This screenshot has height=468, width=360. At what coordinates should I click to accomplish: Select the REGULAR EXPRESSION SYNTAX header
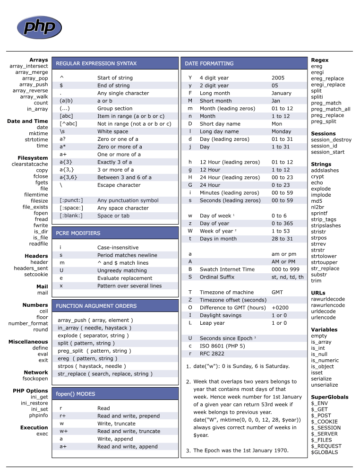(x=96, y=63)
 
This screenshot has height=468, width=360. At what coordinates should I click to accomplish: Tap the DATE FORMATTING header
(x=209, y=63)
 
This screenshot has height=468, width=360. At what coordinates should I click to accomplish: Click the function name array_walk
(x=34, y=96)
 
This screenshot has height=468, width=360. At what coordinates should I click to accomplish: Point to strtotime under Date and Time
(x=36, y=139)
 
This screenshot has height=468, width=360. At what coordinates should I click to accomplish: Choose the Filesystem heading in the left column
(x=33, y=158)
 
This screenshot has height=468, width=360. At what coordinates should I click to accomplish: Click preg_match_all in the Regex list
(x=330, y=109)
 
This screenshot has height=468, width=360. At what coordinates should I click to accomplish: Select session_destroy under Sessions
(x=331, y=140)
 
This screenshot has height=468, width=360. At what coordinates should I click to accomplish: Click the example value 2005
(x=278, y=78)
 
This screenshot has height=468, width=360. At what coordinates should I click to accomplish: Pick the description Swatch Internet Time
(x=227, y=269)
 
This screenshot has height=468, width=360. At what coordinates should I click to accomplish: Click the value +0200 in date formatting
(x=280, y=308)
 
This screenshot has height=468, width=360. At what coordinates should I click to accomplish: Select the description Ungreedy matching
(x=122, y=270)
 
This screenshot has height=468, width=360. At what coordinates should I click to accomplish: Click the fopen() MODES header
(x=75, y=394)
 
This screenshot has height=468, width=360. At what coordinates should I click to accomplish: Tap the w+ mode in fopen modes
(x=63, y=431)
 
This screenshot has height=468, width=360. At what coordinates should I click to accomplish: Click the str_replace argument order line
(x=105, y=374)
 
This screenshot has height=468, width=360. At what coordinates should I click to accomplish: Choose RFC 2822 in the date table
(x=213, y=354)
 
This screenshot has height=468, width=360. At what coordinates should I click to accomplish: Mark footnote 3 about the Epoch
(x=240, y=451)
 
